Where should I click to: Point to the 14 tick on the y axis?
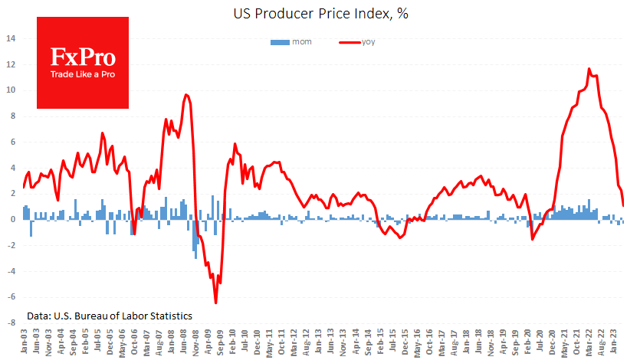tap(11, 38)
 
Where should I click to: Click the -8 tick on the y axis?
tap(10, 323)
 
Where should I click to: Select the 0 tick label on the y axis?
tap(12, 219)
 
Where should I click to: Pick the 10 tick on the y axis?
tap(11, 90)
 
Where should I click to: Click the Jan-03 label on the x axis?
tap(25, 341)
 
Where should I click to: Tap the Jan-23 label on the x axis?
tap(615, 341)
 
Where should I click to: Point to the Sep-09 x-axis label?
tap(221, 341)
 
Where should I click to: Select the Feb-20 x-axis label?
tap(529, 341)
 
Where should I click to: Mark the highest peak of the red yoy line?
tap(589, 69)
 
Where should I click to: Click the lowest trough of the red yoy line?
tap(215, 303)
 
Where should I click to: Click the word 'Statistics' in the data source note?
tap(169, 316)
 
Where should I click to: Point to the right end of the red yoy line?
tap(623, 205)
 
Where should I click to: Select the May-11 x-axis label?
tap(270, 341)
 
